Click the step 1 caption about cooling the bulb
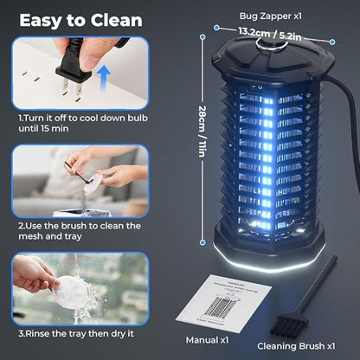tap(76, 122)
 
